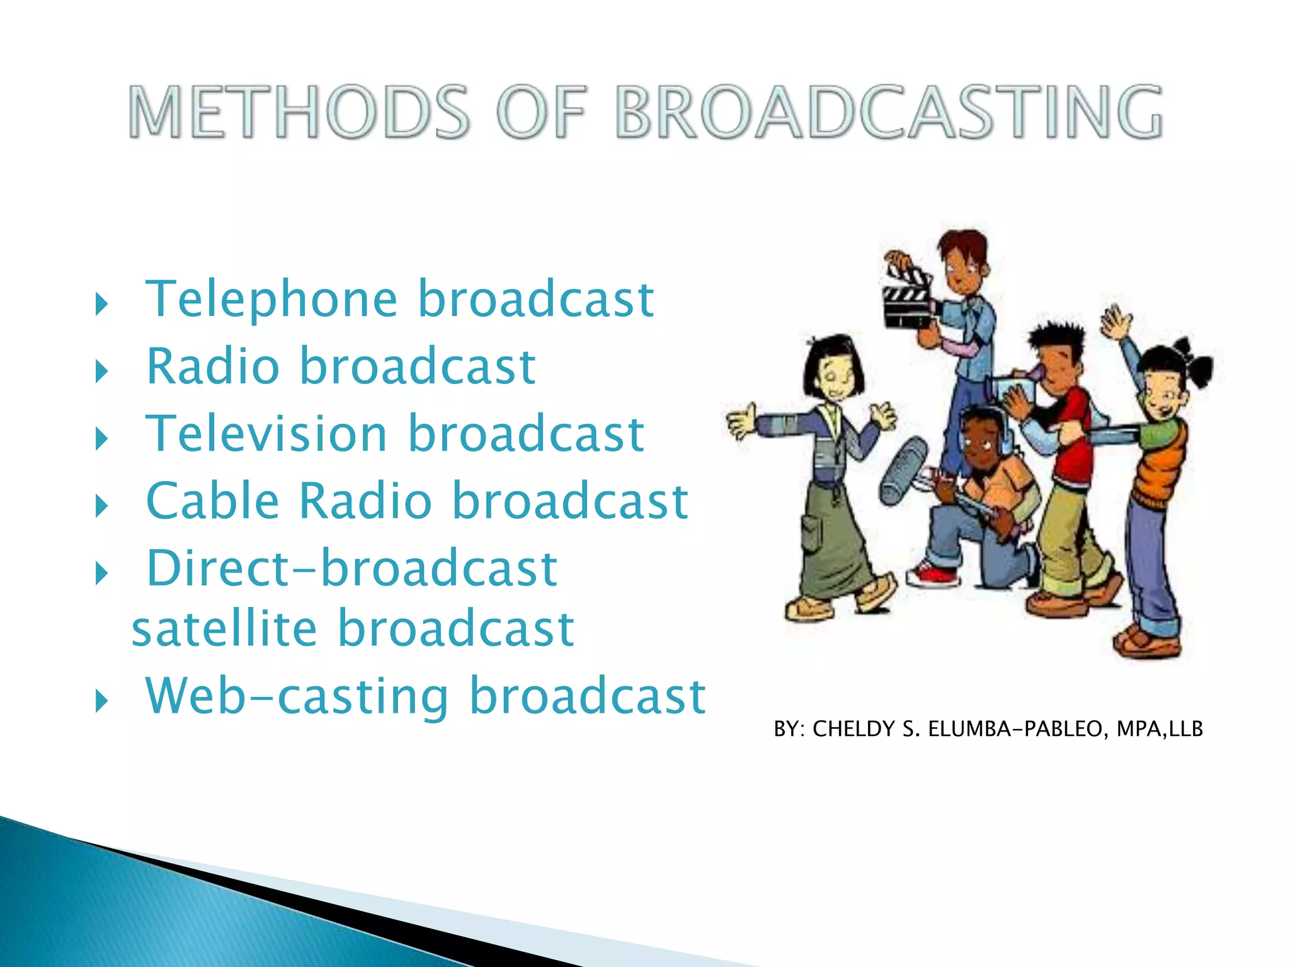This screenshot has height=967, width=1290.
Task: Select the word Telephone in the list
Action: [271, 300]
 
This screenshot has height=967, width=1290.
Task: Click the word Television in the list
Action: [266, 434]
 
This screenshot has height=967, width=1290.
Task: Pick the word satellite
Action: [224, 629]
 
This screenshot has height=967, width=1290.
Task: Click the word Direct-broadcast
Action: [351, 568]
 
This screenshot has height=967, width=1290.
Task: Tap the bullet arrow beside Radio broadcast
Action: [101, 371]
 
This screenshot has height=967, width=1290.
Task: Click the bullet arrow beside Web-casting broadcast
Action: [101, 701]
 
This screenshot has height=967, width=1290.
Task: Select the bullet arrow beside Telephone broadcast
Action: [101, 304]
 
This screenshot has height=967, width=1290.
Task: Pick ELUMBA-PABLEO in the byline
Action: [1015, 729]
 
